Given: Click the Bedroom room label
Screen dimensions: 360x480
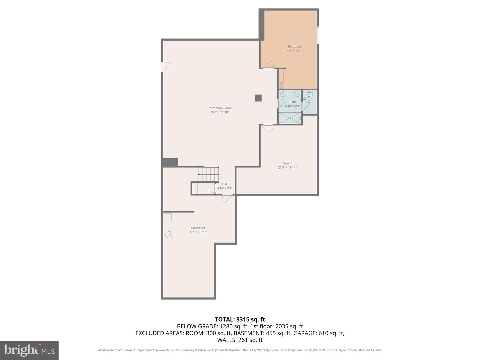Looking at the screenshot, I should pos(294,46).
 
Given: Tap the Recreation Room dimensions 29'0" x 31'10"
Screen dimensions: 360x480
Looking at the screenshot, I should pos(219,112).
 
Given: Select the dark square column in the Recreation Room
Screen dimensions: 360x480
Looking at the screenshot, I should pos(258,98).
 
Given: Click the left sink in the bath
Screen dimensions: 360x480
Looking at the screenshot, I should pos(283,94).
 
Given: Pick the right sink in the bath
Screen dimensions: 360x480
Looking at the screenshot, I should pos(297,94).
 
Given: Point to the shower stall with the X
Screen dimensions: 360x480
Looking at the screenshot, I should pos(290,118).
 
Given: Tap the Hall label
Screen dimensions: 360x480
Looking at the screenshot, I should pos(225,184).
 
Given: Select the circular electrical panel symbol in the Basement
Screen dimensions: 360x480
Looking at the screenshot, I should pos(169,235).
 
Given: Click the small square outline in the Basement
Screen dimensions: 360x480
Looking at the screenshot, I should pos(168,217).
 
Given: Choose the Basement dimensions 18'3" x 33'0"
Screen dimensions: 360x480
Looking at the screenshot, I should pos(198,232).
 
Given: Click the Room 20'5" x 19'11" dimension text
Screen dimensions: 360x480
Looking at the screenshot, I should pos(287,167).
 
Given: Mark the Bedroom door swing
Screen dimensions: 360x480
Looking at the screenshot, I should pos(269,64).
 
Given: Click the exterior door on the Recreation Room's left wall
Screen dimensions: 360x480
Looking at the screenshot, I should pos(165,67).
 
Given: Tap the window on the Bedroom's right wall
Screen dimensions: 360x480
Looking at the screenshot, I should pos(318,35).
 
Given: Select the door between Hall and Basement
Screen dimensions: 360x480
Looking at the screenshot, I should pos(227,198).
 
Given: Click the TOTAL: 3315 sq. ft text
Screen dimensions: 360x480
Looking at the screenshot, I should pos(240,319).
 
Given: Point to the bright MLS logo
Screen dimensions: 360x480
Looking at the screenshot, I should pos(29,350).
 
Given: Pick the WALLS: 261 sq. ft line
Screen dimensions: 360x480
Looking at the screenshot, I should pos(240,340).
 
